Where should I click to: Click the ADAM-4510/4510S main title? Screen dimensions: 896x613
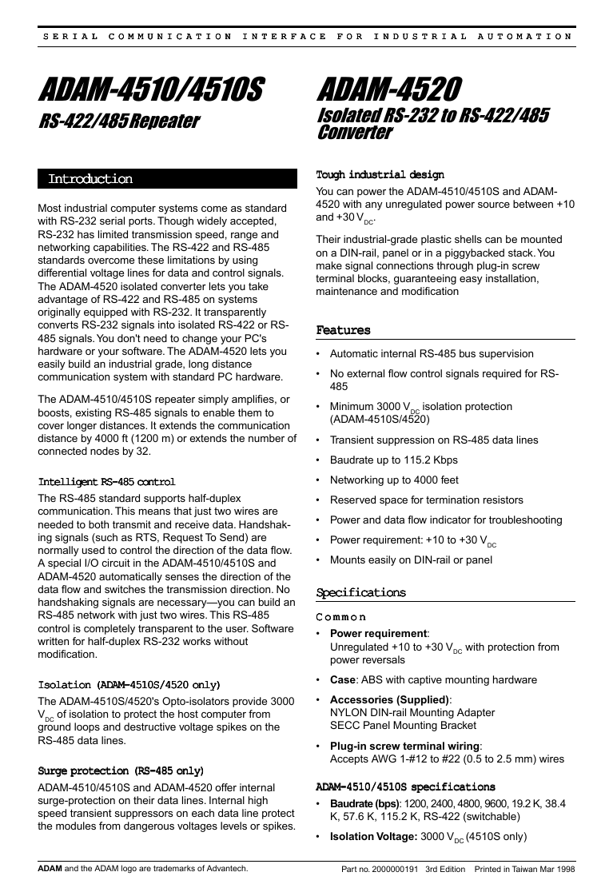click(151, 90)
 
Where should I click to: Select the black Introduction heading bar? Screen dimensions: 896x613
click(167, 179)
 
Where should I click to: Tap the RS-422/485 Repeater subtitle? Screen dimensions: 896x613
click(119, 122)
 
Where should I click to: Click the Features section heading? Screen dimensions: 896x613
click(344, 330)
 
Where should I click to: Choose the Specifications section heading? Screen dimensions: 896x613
click(361, 593)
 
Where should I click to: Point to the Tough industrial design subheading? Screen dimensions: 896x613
click(380, 174)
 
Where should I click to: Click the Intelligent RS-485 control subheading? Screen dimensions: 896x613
click(106, 482)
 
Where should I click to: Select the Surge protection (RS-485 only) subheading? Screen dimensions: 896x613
click(121, 771)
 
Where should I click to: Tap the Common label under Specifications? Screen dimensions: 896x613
click(341, 617)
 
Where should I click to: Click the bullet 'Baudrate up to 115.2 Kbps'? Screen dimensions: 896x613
click(393, 460)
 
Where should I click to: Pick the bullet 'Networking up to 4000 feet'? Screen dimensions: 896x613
click(394, 480)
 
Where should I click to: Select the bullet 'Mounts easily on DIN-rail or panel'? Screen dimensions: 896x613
click(411, 560)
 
